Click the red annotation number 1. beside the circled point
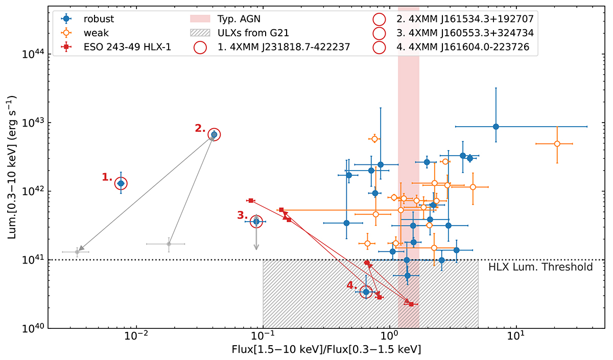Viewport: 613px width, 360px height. pos(107,177)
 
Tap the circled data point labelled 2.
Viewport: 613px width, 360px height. pos(214,134)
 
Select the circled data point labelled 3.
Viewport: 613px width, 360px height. pos(256,221)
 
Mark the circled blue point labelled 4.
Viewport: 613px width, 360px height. pos(365,292)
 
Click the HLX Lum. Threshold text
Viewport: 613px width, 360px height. pos(540,267)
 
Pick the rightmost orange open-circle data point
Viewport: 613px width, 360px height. pos(557,143)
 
